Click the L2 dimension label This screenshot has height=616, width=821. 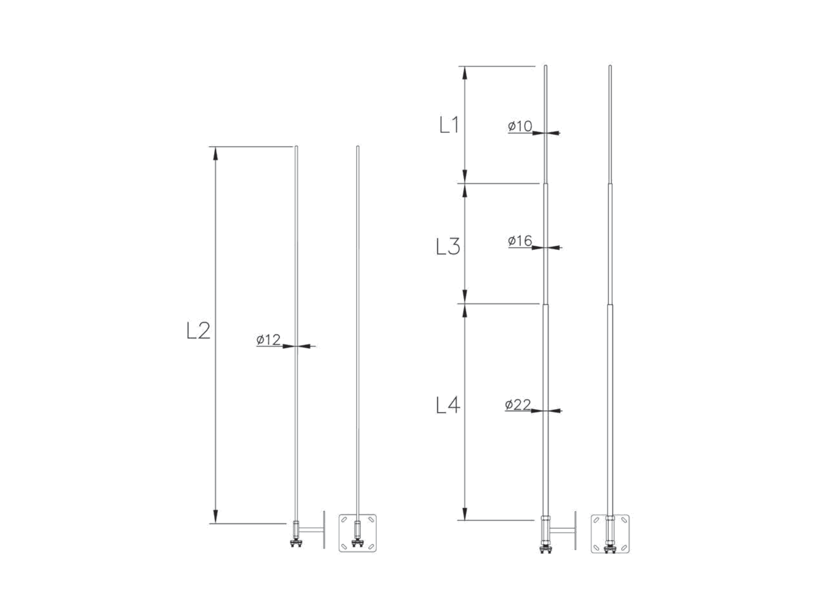pyautogui.click(x=198, y=330)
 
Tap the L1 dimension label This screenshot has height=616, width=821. pyautogui.click(x=449, y=125)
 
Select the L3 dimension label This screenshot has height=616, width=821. pyautogui.click(x=448, y=246)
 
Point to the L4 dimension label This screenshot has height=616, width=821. pyautogui.click(x=448, y=405)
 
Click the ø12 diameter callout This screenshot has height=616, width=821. pyautogui.click(x=268, y=340)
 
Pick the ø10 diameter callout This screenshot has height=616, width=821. pyautogui.click(x=520, y=126)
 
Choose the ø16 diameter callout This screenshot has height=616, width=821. pyautogui.click(x=520, y=241)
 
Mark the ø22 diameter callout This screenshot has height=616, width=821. pyautogui.click(x=518, y=405)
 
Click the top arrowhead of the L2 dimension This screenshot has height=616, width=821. pyautogui.click(x=216, y=153)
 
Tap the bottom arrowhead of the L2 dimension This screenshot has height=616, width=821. pyautogui.click(x=216, y=516)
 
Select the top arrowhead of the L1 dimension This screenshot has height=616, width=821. pyautogui.click(x=464, y=73)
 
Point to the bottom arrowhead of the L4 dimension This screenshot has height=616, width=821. pyautogui.click(x=464, y=513)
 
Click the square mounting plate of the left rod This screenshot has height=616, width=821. pyautogui.click(x=358, y=533)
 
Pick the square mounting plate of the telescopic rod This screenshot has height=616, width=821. pyautogui.click(x=610, y=534)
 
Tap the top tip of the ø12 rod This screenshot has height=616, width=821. pyautogui.click(x=296, y=146)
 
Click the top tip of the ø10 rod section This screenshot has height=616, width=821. pyautogui.click(x=545, y=66)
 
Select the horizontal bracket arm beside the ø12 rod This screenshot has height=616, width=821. pyautogui.click(x=311, y=530)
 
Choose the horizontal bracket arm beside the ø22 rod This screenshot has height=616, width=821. pyautogui.click(x=562, y=530)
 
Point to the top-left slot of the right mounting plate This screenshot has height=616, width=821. pyautogui.click(x=596, y=520)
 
